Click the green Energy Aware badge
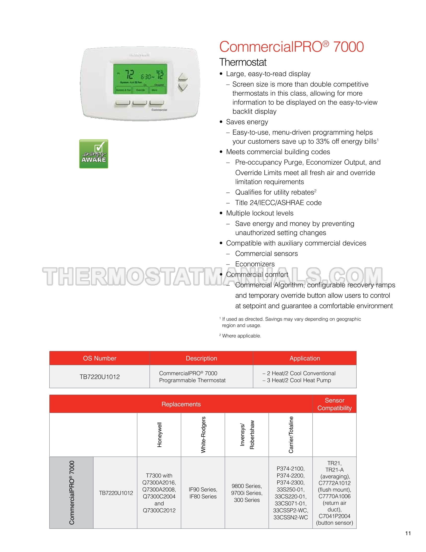[x=94, y=154]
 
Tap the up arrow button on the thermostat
[x=183, y=77]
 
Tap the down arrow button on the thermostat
[x=183, y=87]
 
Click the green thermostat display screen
[x=140, y=79]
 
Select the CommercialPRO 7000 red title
[x=291, y=47]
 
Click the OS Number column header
[x=99, y=358]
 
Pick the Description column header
[x=201, y=358]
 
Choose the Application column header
[x=305, y=358]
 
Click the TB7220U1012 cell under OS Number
[x=99, y=377]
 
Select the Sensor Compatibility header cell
[x=334, y=404]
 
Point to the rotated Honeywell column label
[x=159, y=435]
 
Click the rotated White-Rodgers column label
[x=203, y=435]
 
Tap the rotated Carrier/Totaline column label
[x=291, y=435]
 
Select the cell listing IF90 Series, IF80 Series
[x=203, y=493]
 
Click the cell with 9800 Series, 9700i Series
[x=247, y=493]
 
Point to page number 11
[x=408, y=533]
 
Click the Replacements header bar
[x=181, y=404]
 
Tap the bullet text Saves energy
[x=247, y=122]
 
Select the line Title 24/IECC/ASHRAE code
[x=278, y=203]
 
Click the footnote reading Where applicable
[x=241, y=336]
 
